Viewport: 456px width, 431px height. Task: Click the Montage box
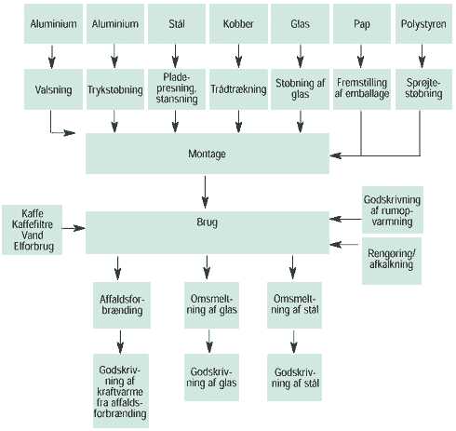coord(208,154)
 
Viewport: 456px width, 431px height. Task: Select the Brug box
coord(208,233)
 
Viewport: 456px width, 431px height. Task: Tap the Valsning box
coord(53,89)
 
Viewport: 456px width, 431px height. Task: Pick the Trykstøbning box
coord(115,89)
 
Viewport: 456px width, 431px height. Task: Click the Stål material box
coord(177,23)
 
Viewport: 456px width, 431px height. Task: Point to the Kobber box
coord(238,23)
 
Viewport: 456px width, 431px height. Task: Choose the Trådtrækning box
coord(238,89)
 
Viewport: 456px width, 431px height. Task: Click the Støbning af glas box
coord(300,89)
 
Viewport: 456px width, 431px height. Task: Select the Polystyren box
coord(423,23)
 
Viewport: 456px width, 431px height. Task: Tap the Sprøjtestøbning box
coord(423,89)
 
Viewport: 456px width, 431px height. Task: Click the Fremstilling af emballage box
coord(362,89)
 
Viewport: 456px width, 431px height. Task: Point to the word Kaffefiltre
coord(33,224)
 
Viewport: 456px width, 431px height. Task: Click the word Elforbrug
coord(34,247)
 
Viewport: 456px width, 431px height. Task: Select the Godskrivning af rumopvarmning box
coord(393,209)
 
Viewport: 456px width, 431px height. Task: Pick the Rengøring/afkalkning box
coord(392,261)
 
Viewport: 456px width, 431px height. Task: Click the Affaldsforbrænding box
coord(122,305)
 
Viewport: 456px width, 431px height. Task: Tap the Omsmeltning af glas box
coord(211,305)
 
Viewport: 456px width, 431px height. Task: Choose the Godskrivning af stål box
coord(294,377)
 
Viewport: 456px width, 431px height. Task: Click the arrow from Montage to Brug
coord(205,192)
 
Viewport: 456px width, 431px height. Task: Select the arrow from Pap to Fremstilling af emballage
coord(361,56)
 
